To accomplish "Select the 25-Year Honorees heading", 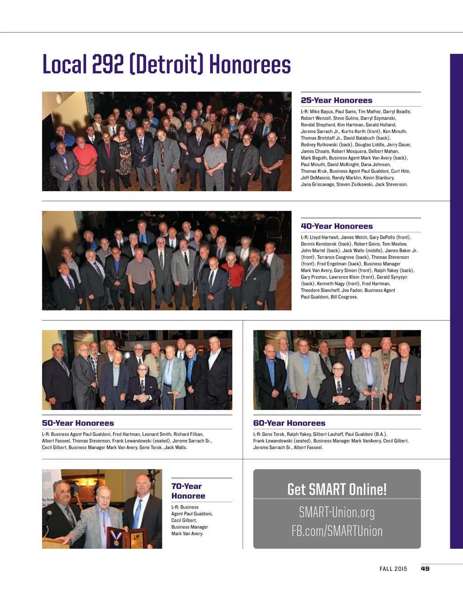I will click(336, 100).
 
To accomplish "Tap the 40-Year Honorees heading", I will click(336, 226).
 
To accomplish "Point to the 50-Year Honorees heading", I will click(78, 423).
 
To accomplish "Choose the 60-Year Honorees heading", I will click(289, 423).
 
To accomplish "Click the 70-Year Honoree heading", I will click(188, 491).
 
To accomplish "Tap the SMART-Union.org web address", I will click(337, 512).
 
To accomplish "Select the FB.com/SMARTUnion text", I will click(337, 531).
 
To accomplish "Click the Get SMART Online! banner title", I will click(337, 489).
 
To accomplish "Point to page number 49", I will click(425, 569).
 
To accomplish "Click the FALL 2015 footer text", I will click(393, 569).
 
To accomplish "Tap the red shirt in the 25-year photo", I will click(85, 160).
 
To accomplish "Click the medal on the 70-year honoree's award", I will click(116, 538).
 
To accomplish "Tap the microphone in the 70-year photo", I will click(48, 515).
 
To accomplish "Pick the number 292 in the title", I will click(108, 64).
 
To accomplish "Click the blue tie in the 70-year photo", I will click(137, 514).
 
